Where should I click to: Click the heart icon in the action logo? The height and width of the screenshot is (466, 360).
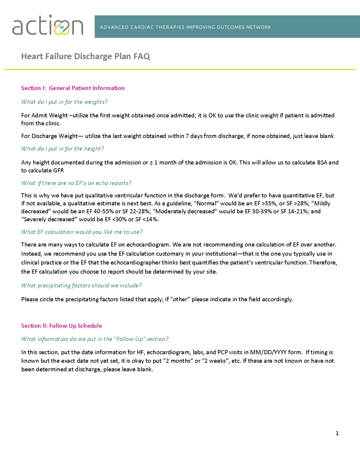(x=62, y=28)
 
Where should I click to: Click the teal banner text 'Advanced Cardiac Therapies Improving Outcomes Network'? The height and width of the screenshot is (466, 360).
(x=185, y=27)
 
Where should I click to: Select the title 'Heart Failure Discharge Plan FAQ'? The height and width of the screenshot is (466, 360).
(x=86, y=56)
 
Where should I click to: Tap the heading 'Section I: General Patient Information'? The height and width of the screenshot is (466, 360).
(x=73, y=88)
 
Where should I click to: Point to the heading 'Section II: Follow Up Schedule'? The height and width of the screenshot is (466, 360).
(x=62, y=326)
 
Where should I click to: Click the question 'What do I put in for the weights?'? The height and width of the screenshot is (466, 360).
(x=64, y=102)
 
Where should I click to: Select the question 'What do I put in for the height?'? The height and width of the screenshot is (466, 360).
(x=62, y=149)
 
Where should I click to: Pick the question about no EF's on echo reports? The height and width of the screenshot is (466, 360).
(x=76, y=183)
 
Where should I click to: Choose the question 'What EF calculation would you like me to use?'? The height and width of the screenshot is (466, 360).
(x=82, y=232)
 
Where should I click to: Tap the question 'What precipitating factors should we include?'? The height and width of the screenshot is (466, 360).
(x=81, y=285)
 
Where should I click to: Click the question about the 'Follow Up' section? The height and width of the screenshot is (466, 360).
(x=95, y=339)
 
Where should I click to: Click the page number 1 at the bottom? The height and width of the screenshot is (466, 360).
(x=337, y=433)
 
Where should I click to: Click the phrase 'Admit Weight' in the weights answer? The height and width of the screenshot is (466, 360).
(x=50, y=115)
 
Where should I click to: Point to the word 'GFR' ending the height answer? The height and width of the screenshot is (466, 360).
(x=58, y=170)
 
